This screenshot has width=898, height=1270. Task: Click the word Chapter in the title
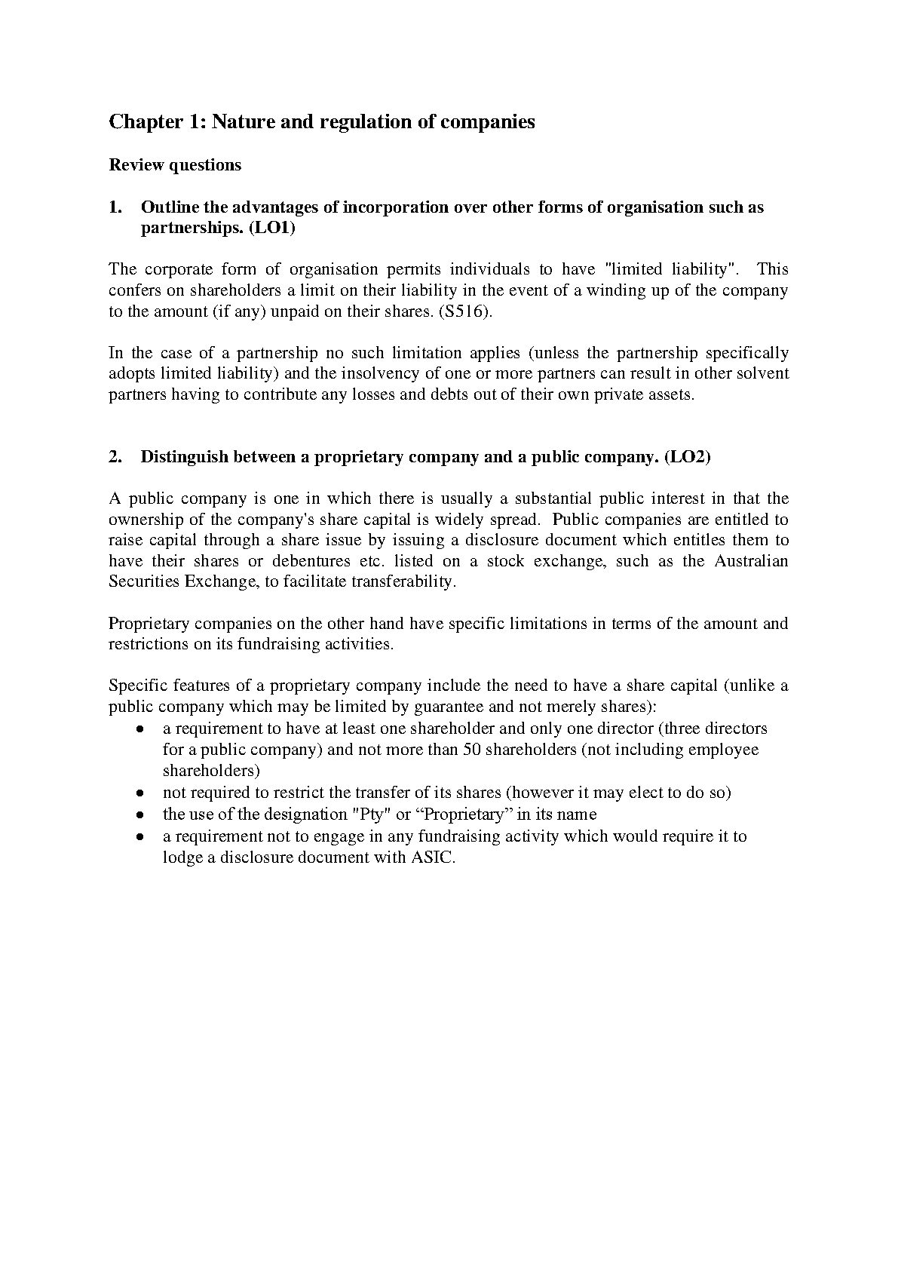click(x=141, y=122)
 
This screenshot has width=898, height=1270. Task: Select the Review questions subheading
click(x=175, y=165)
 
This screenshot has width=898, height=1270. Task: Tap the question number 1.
click(x=114, y=207)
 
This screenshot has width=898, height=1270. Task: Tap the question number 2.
click(x=114, y=457)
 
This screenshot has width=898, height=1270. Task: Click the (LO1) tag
click(x=272, y=229)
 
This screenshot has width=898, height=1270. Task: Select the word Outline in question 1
click(x=170, y=207)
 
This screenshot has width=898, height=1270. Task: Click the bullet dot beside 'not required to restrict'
click(x=140, y=793)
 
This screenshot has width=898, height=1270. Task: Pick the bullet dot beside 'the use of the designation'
click(x=140, y=815)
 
